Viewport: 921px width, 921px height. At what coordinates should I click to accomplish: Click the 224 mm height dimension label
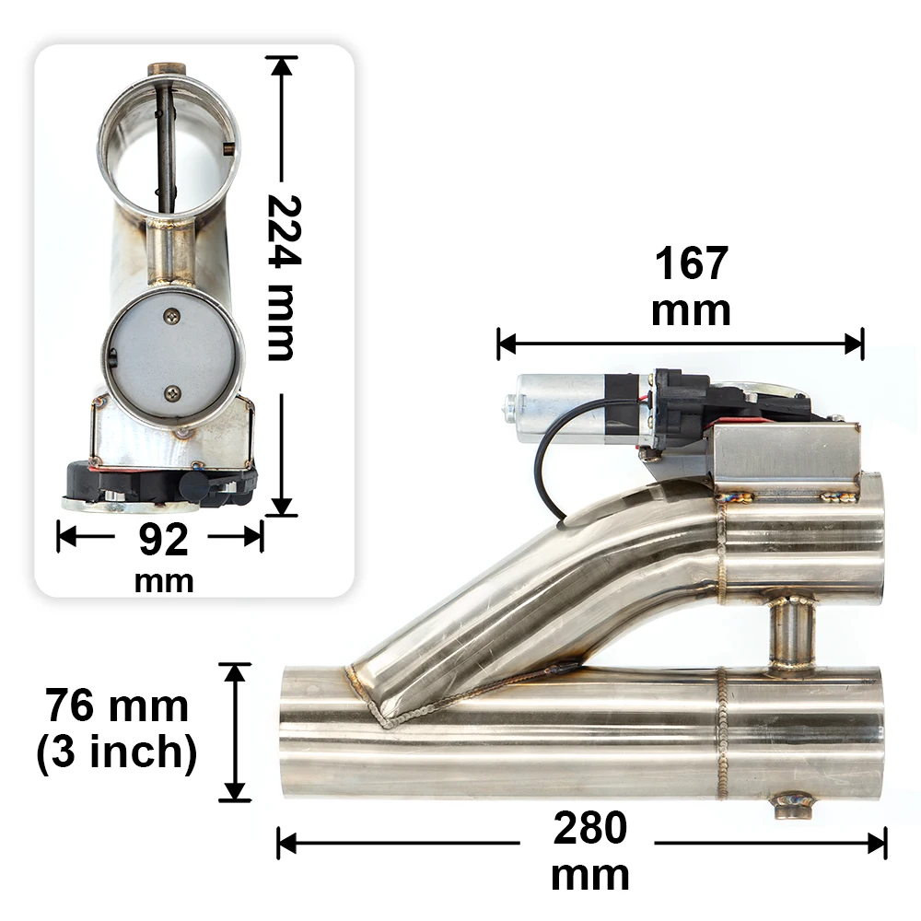tap(285, 277)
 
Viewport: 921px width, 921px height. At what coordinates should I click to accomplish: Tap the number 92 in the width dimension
tap(163, 540)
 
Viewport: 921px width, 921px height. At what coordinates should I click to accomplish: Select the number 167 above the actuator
tap(692, 263)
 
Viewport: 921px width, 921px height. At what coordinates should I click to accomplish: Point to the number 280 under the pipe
tap(589, 828)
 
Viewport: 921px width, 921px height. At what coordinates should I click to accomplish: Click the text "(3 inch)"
tap(116, 752)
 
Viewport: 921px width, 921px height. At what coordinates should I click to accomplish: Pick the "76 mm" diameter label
tap(117, 705)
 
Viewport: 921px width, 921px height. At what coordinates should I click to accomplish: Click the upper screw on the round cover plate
tap(172, 315)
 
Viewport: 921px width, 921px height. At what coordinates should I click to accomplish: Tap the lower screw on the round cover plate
tap(173, 393)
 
